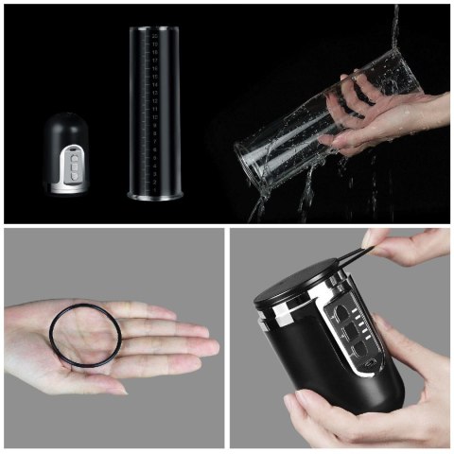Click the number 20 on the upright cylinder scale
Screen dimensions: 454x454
pyautogui.click(x=154, y=36)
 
